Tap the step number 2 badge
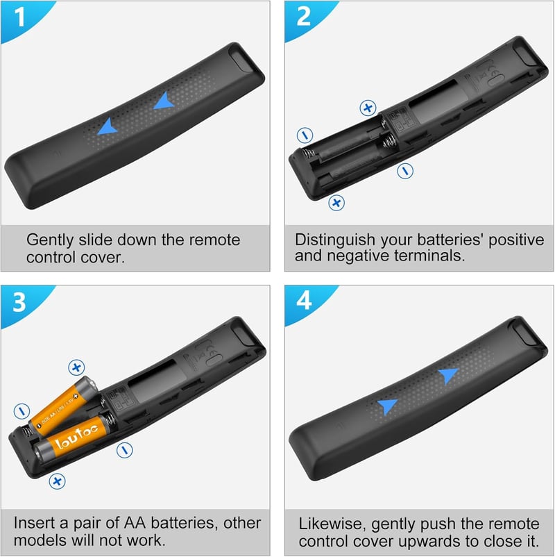click(x=303, y=17)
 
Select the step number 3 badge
click(x=19, y=302)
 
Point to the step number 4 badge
click(x=304, y=301)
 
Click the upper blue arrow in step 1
click(x=164, y=101)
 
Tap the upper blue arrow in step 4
click(x=449, y=376)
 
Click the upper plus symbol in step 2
click(x=368, y=108)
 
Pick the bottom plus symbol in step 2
click(x=336, y=203)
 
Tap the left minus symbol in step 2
click(x=305, y=135)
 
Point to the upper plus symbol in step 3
click(x=76, y=367)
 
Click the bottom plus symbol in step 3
click(x=57, y=481)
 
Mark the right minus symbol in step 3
click(x=125, y=451)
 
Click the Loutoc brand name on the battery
click(x=76, y=435)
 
